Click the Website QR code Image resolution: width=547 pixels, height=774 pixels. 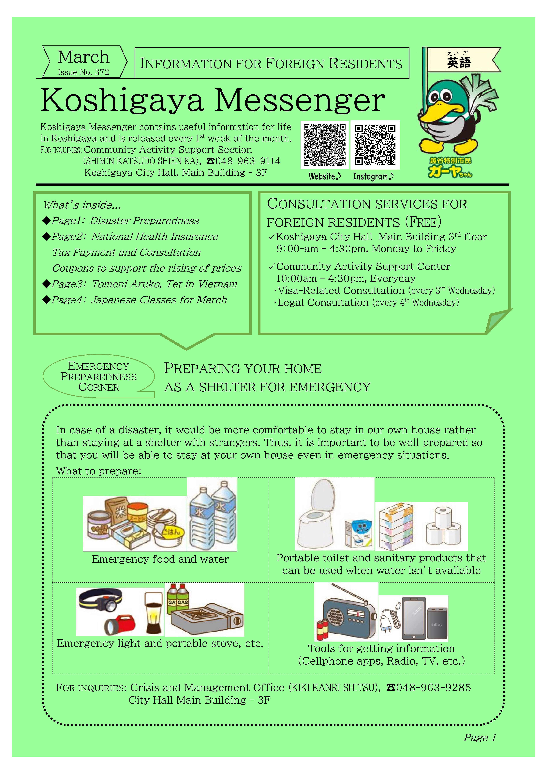pyautogui.click(x=324, y=145)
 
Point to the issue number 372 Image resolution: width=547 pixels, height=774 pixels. pyautogui.click(x=102, y=72)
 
